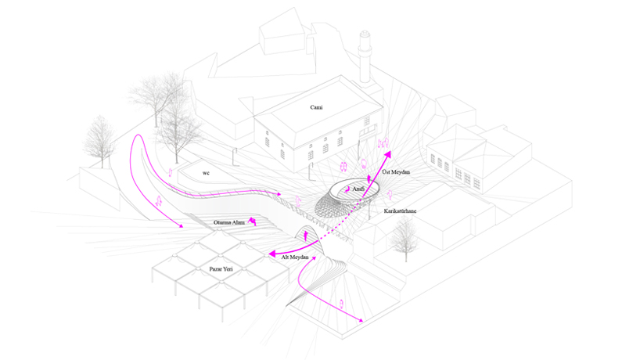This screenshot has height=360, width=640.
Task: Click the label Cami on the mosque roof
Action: [316, 107]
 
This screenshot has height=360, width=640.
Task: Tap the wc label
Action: [206, 172]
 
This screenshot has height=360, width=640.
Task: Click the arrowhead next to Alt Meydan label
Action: [271, 254]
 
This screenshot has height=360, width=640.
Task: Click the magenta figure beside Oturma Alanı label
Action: [252, 221]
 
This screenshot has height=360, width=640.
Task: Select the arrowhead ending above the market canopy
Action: [181, 227]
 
